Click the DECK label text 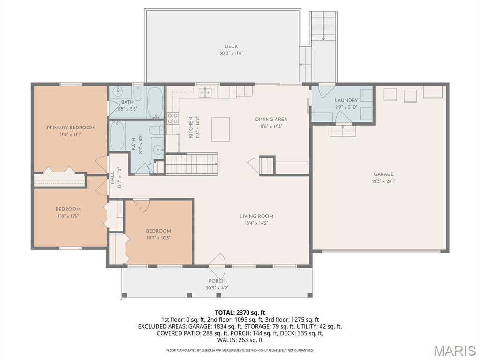[x=231, y=46]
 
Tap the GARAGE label [x=383, y=174]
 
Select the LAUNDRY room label [x=346, y=100]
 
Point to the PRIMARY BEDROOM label [x=71, y=127]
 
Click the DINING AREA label [x=271, y=119]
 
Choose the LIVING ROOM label [x=256, y=216]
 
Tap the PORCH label [x=217, y=281]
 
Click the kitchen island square [x=221, y=129]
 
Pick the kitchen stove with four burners [x=172, y=118]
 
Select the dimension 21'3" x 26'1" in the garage [x=384, y=181]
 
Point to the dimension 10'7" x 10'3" [x=158, y=238]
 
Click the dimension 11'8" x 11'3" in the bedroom [x=68, y=216]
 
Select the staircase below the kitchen [x=192, y=164]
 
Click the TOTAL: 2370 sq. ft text [x=240, y=312]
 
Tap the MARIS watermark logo [x=455, y=350]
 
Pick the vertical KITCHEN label [x=191, y=127]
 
